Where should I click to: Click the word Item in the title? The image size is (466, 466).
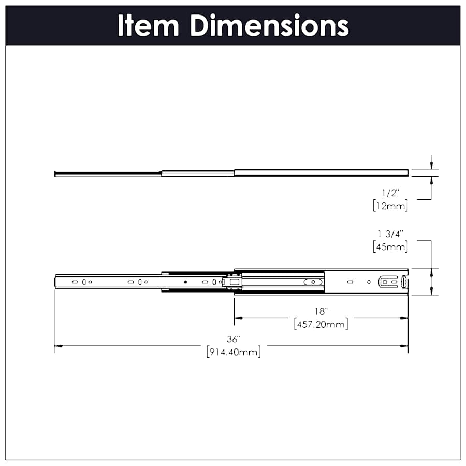[148, 25]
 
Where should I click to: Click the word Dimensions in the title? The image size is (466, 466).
[269, 25]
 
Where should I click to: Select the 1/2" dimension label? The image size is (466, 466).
[389, 193]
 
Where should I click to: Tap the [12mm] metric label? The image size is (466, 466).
[390, 206]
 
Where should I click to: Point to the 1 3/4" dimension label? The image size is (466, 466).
[389, 234]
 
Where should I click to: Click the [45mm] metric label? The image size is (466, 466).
[390, 246]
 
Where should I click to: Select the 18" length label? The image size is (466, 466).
[321, 311]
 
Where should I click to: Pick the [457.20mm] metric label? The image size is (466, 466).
[321, 325]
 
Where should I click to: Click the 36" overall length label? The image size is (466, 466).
[234, 339]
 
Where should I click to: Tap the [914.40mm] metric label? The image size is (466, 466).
[233, 353]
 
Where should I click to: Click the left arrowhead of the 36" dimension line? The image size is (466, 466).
[58, 346]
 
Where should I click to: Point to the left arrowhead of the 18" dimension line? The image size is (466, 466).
[238, 318]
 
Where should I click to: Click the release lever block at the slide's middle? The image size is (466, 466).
[232, 282]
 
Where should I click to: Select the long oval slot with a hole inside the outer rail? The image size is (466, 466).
[313, 282]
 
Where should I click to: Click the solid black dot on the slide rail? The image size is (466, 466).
[185, 282]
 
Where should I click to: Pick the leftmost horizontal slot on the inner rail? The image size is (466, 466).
[74, 282]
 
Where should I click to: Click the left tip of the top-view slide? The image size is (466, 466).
[55, 173]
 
